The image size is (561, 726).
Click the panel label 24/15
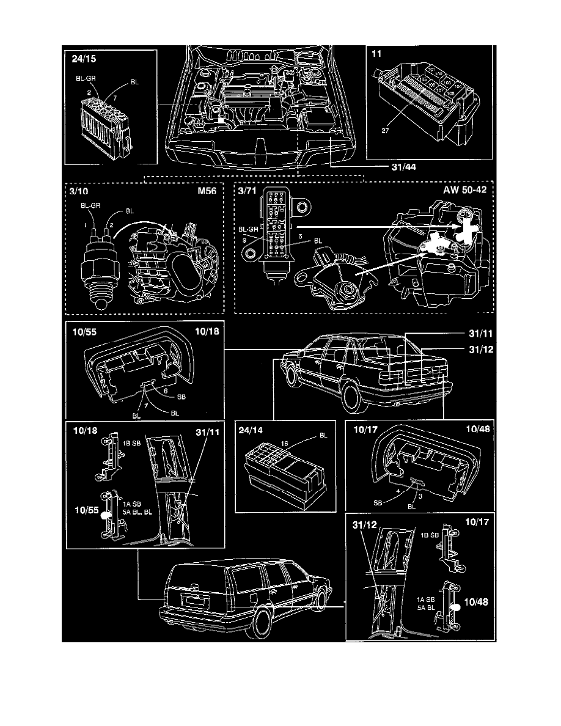82,60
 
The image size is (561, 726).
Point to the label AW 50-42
465,191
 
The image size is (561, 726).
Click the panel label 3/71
249,191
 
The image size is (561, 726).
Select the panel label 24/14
252,431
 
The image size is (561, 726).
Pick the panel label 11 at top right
377,54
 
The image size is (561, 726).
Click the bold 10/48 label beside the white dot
477,603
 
